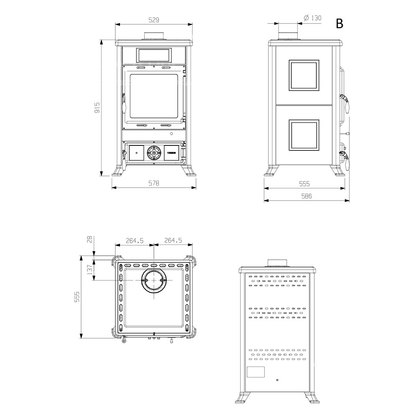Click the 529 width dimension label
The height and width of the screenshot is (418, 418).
tap(154, 20)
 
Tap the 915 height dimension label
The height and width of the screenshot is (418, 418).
tap(97, 107)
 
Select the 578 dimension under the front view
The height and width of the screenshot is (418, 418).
tap(154, 183)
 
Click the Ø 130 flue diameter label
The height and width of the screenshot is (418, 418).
tap(313, 18)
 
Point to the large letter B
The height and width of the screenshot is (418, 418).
tap(339, 23)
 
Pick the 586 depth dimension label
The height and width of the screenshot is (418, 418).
tap(306, 196)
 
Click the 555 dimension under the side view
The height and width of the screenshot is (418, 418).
tap(304, 184)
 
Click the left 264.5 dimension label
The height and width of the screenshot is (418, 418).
tap(135, 240)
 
